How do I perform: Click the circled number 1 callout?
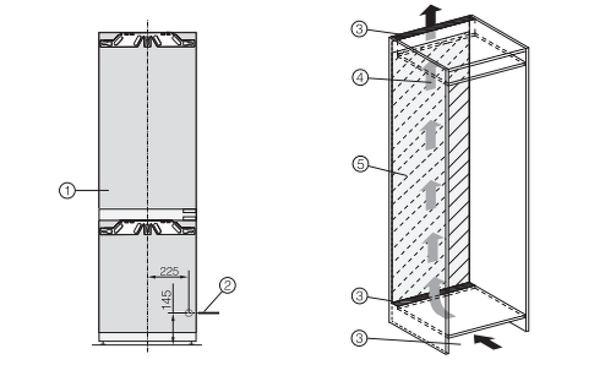click(x=67, y=191)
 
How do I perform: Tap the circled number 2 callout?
click(x=227, y=285)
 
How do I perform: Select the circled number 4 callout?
click(x=360, y=78)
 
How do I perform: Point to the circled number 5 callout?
click(x=361, y=165)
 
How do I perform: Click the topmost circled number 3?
click(x=359, y=29)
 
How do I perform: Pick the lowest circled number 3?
click(x=359, y=338)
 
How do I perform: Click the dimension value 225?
click(x=170, y=271)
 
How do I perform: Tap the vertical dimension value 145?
click(x=166, y=300)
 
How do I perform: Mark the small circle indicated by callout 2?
click(x=188, y=313)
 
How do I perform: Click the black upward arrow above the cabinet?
click(x=431, y=16)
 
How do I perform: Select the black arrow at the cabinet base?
click(x=487, y=342)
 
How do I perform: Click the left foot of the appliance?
click(x=102, y=343)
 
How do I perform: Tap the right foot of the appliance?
click(x=191, y=343)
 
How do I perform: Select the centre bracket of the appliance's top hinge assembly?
click(x=148, y=41)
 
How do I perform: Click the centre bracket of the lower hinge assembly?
click(x=148, y=228)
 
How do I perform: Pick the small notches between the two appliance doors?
click(x=189, y=214)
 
